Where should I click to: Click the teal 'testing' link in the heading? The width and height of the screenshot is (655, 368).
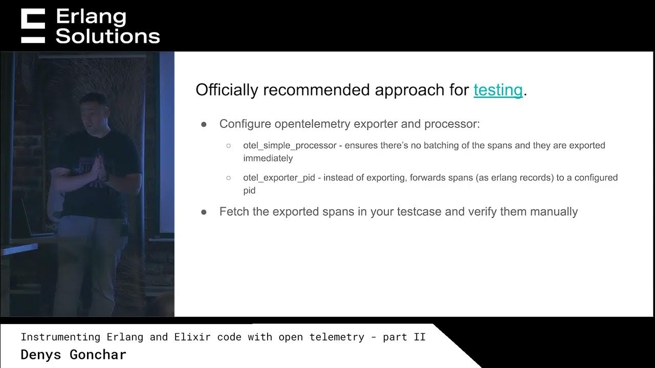[x=498, y=90]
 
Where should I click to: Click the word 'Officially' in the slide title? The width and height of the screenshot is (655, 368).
[x=227, y=90]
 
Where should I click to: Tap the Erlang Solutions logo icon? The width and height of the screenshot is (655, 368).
[x=33, y=26]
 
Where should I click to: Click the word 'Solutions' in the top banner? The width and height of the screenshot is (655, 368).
[x=108, y=36]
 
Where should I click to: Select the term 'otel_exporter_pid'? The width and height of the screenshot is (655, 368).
[x=279, y=178]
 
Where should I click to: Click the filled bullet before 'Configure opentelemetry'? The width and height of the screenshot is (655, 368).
[x=204, y=124]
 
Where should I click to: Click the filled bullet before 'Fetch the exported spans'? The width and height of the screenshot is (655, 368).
[x=204, y=212]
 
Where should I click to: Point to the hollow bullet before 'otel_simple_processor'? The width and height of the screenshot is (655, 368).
[x=229, y=146]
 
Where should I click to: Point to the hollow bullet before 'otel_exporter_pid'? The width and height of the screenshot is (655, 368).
[x=229, y=178]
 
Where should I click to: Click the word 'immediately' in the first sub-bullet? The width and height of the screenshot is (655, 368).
[x=268, y=158]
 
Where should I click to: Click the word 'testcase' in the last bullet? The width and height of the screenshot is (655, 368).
[x=420, y=212]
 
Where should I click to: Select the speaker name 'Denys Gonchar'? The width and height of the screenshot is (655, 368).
[x=73, y=354]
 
